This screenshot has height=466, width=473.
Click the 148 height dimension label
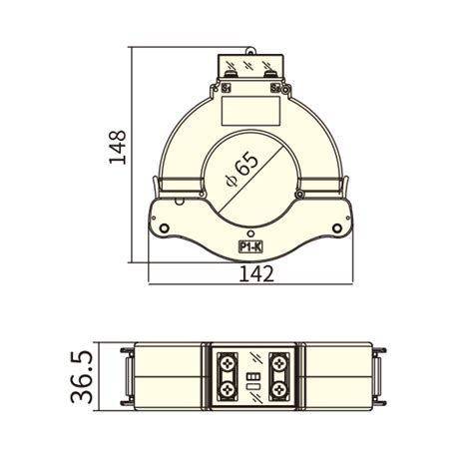[118, 147]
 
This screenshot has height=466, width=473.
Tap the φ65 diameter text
[242, 168]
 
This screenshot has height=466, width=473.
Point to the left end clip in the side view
[126, 376]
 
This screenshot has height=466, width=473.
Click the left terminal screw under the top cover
[232, 70]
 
